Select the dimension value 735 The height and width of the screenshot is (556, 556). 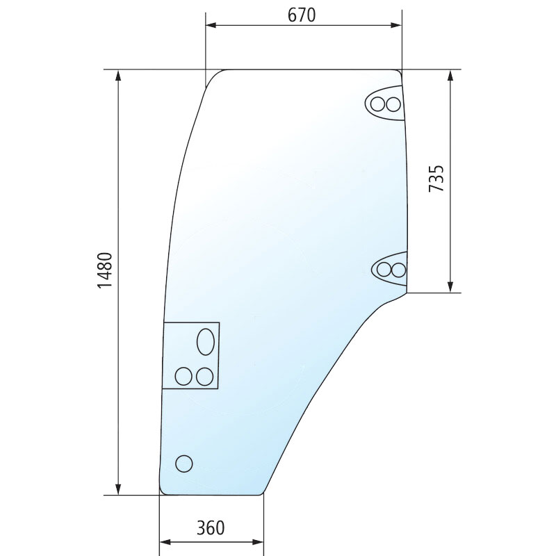click(436, 179)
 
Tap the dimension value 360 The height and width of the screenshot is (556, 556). click(210, 528)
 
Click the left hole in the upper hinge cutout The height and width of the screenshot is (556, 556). click(379, 105)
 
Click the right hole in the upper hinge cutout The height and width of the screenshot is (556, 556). click(394, 105)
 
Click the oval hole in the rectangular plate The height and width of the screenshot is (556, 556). click(206, 342)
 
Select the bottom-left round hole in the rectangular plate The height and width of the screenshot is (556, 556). click(183, 377)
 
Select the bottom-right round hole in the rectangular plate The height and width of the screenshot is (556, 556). click(204, 377)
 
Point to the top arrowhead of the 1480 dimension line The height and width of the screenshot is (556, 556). click(120, 75)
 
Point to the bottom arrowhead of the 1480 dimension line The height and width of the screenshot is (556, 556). click(120, 489)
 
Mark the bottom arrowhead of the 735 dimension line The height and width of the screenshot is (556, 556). click(452, 287)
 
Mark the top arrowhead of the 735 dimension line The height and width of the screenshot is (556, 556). click(452, 75)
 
